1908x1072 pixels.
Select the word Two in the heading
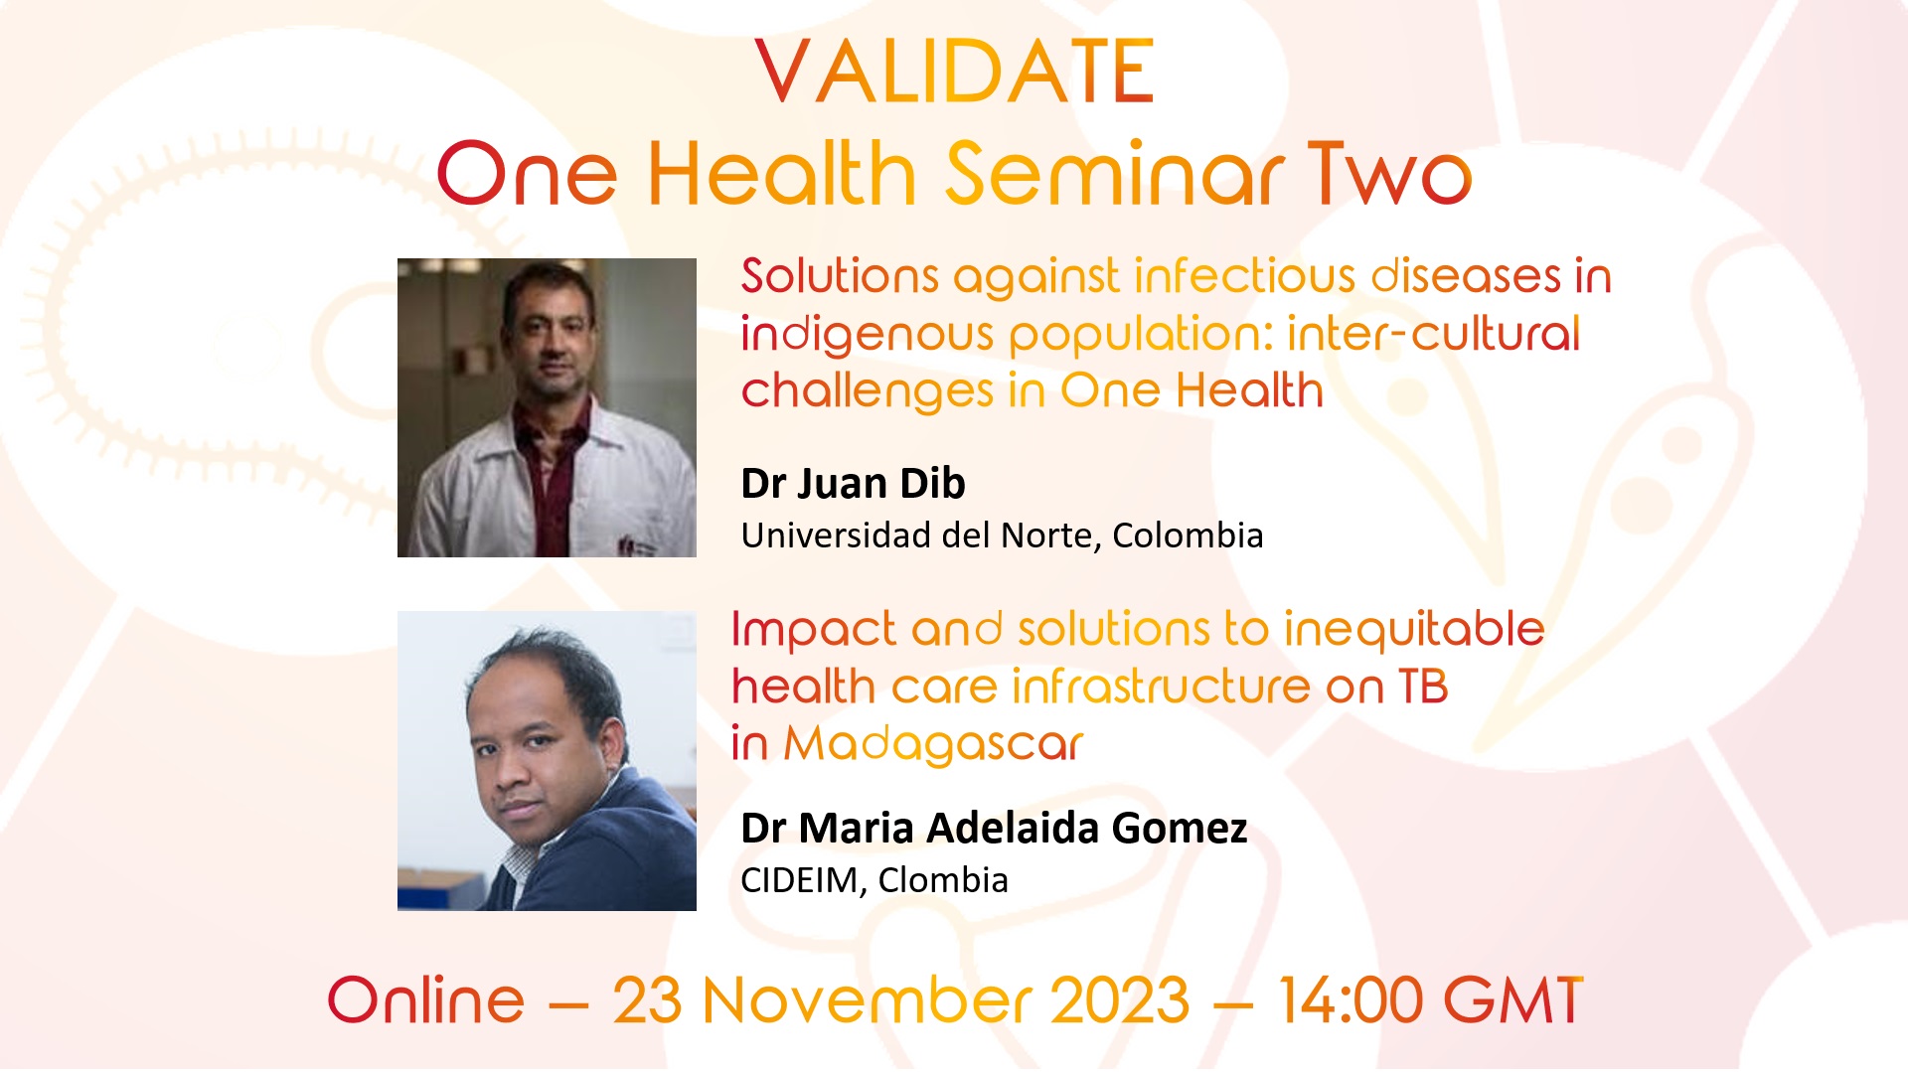[1389, 173]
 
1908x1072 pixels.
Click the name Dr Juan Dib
[853, 483]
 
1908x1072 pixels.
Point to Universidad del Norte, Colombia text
[1002, 536]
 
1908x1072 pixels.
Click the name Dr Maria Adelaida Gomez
[994, 828]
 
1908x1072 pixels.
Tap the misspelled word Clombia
[943, 880]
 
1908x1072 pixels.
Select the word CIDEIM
[800, 881]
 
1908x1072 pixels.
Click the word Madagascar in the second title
[933, 744]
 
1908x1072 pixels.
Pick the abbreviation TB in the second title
[1423, 687]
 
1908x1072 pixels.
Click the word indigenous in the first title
[867, 335]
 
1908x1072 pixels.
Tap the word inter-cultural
[1433, 333]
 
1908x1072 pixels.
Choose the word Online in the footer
[425, 999]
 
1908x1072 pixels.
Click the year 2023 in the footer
[1120, 999]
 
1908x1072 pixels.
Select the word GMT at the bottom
[1512, 999]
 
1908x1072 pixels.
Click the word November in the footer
[868, 999]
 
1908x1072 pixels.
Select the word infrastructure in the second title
[1162, 687]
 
